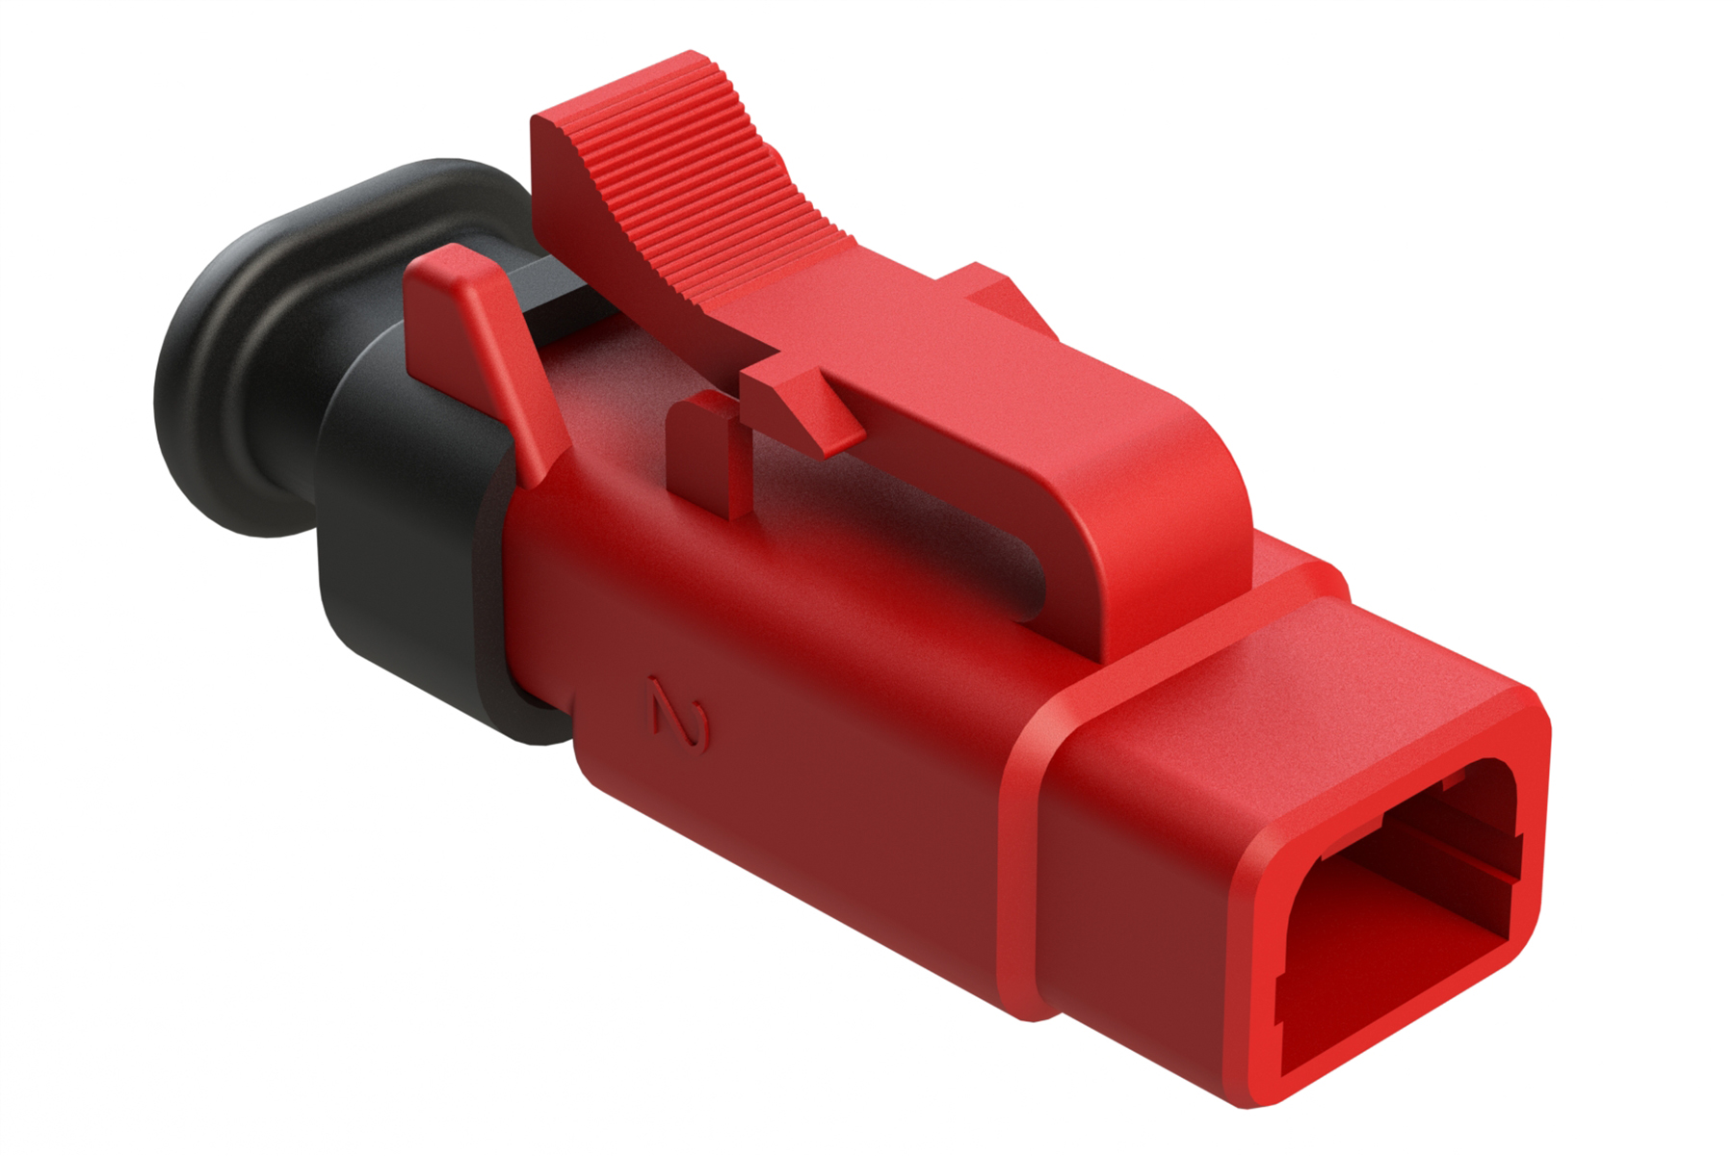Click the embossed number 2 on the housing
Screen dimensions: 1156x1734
click(x=680, y=716)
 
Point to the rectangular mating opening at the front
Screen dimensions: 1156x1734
click(x=1397, y=915)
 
